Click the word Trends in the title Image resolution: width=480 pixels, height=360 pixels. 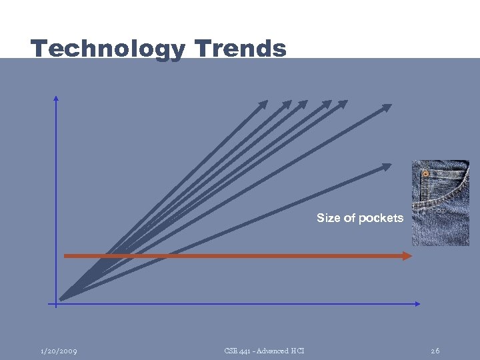pos(241,49)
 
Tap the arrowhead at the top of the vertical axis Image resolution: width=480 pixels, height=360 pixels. pos(56,98)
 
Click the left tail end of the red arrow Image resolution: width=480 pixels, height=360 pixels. pos(65,255)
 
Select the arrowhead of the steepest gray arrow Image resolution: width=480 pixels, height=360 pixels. pos(263,103)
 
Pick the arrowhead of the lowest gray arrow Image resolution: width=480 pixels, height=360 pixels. pos(388,165)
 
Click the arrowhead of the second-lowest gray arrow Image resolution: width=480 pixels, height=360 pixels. pos(387,107)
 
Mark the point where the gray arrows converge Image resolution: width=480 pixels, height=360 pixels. pos(62,298)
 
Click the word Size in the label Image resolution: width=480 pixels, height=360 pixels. pos(327,218)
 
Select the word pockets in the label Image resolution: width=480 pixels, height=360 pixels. pos(381,218)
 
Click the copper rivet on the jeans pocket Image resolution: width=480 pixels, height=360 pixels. pos(425,173)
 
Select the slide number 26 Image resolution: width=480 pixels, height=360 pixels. pos(435,351)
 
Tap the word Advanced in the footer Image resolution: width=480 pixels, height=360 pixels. pos(272,351)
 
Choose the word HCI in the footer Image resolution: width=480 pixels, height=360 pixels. pos(297,351)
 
